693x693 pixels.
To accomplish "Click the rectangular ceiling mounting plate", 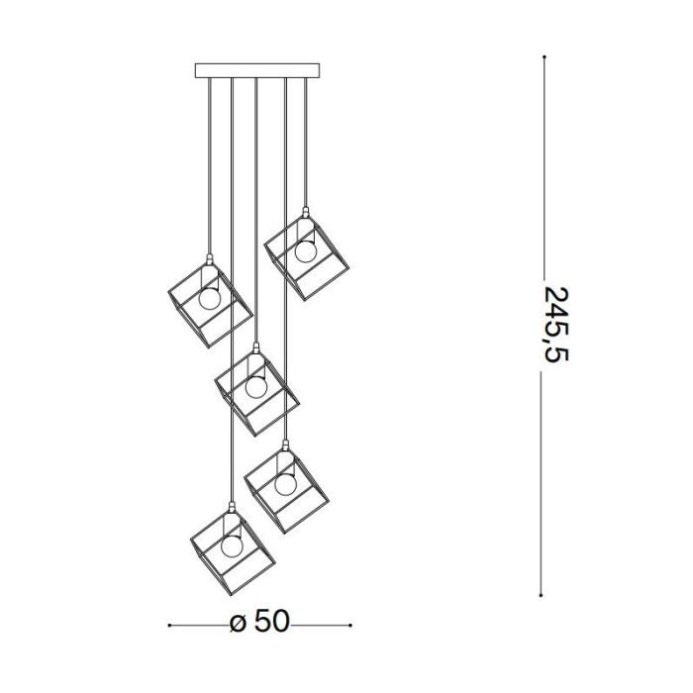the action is pyautogui.click(x=257, y=70).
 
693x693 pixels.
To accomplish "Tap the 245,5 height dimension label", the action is pyautogui.click(x=555, y=325).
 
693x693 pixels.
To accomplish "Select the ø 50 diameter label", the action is pyautogui.click(x=259, y=621).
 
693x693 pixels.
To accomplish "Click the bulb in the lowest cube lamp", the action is pyautogui.click(x=233, y=545).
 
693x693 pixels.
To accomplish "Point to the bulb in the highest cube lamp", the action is pyautogui.click(x=306, y=251).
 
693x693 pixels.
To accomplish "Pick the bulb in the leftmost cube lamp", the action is pyautogui.click(x=210, y=299).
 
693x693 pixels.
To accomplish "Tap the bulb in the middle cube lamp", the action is pyautogui.click(x=256, y=386).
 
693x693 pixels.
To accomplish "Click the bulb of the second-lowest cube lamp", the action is pyautogui.click(x=285, y=484).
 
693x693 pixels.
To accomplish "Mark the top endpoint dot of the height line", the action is pyautogui.click(x=544, y=57).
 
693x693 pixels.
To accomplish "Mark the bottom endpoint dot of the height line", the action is pyautogui.click(x=541, y=595).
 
